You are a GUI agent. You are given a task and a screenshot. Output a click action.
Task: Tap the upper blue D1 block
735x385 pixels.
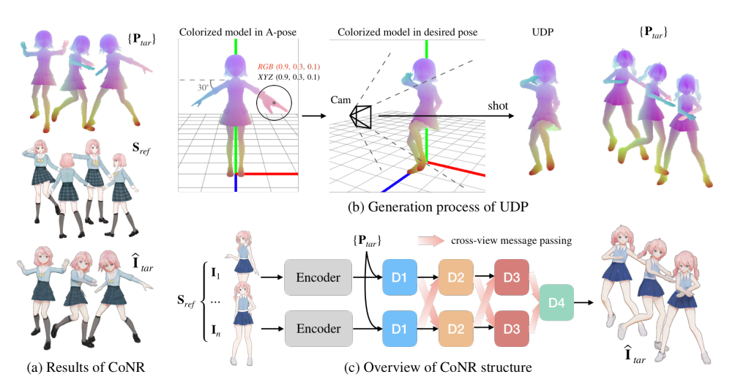click(398, 277)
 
